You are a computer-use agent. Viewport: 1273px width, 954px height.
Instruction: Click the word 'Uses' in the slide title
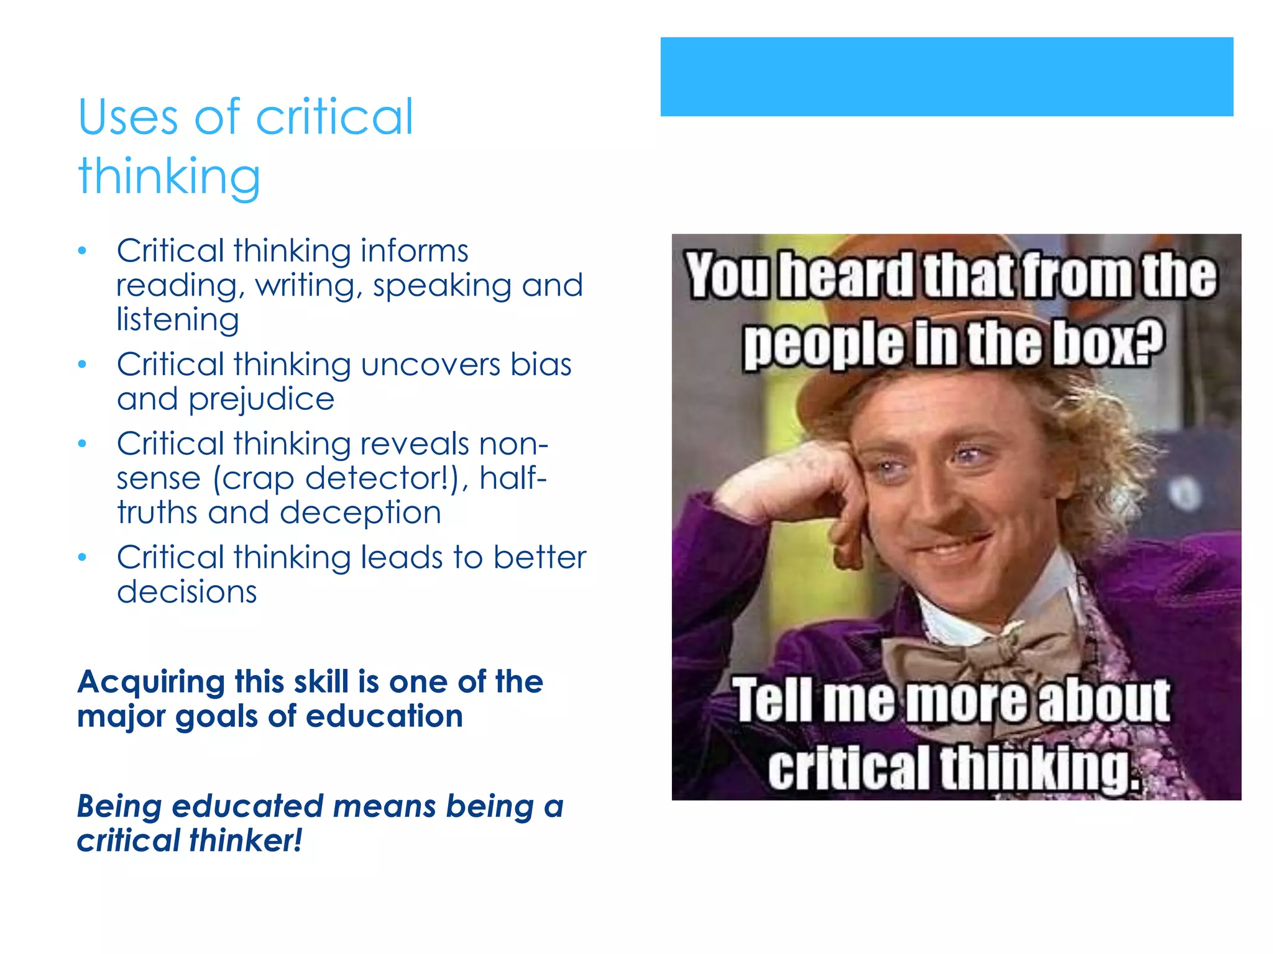(x=128, y=118)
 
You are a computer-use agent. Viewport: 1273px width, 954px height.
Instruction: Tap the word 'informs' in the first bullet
(x=414, y=252)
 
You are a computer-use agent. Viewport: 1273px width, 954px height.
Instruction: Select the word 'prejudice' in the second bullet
(x=261, y=399)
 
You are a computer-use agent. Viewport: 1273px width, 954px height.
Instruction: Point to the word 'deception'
(x=361, y=514)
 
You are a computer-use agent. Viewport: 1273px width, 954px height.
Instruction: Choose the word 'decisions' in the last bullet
(x=186, y=592)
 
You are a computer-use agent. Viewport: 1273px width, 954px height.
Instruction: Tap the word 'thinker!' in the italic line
(x=246, y=841)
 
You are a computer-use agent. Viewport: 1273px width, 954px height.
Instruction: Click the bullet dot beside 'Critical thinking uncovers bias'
(x=82, y=365)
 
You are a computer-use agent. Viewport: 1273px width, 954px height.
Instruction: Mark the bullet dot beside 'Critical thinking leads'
(x=82, y=558)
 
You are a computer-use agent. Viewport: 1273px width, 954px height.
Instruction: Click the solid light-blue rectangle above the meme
(x=946, y=76)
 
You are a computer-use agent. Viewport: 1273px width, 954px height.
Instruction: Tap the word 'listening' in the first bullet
(x=178, y=320)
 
